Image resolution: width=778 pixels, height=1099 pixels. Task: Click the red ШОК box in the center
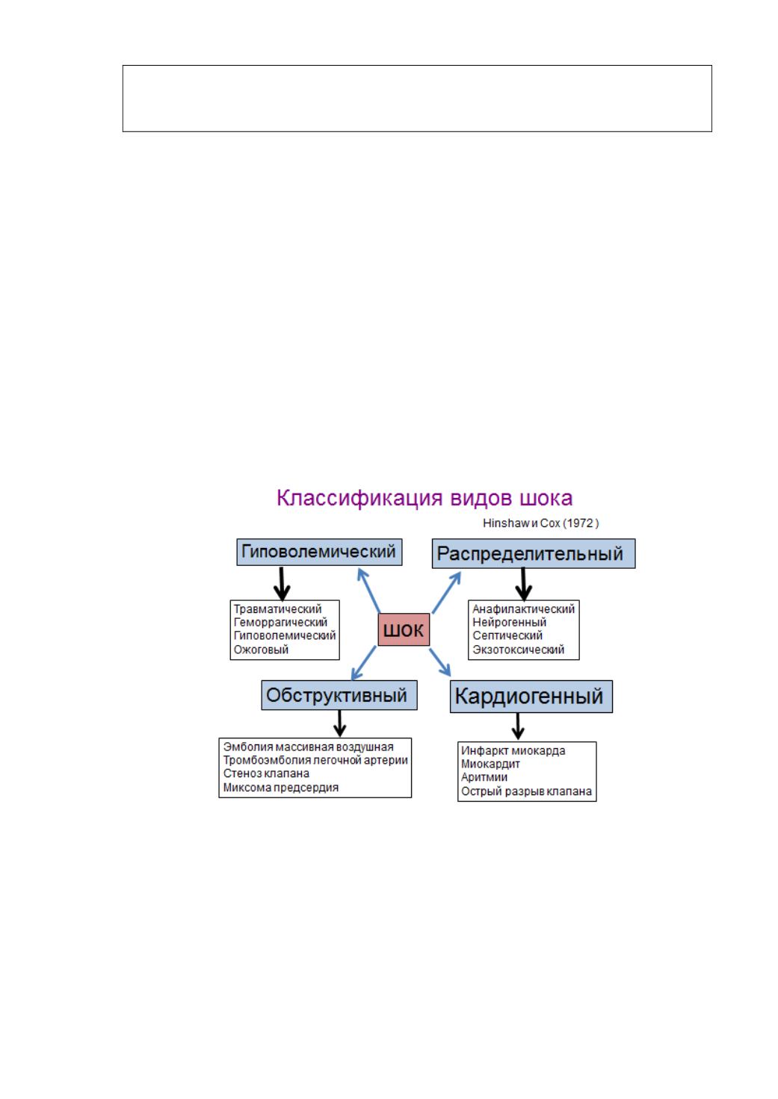tap(404, 629)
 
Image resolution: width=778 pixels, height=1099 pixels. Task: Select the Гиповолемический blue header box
tap(319, 552)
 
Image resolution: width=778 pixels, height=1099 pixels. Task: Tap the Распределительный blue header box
tap(534, 553)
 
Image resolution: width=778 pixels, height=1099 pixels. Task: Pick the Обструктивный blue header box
tap(339, 695)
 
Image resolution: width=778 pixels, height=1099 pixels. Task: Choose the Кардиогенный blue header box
tap(531, 697)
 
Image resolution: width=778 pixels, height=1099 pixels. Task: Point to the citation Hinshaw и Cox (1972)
tap(541, 523)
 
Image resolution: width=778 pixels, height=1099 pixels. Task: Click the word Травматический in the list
tap(277, 609)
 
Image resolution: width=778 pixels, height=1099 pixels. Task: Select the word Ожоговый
tap(261, 650)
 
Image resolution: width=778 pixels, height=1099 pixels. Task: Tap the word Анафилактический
tap(524, 609)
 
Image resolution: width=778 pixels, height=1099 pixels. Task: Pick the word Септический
tap(507, 636)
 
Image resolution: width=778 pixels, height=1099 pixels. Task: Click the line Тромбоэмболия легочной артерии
tap(315, 760)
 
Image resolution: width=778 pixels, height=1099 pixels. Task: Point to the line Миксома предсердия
tap(281, 788)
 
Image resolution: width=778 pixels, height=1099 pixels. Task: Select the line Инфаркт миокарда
tap(513, 750)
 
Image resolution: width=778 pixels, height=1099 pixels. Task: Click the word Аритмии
tap(484, 777)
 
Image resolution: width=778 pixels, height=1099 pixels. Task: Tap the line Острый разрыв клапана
tap(527, 791)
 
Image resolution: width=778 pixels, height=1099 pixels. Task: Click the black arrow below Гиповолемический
tap(282, 584)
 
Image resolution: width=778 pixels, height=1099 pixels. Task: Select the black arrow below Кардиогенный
tap(518, 726)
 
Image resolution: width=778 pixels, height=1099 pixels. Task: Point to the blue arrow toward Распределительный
tap(446, 593)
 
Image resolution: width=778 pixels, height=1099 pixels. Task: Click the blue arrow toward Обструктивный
tap(364, 663)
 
